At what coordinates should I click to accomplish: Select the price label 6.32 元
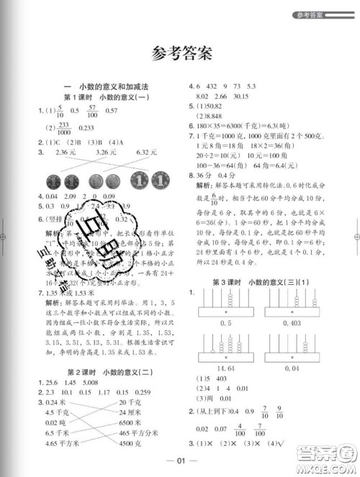click(146, 153)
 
